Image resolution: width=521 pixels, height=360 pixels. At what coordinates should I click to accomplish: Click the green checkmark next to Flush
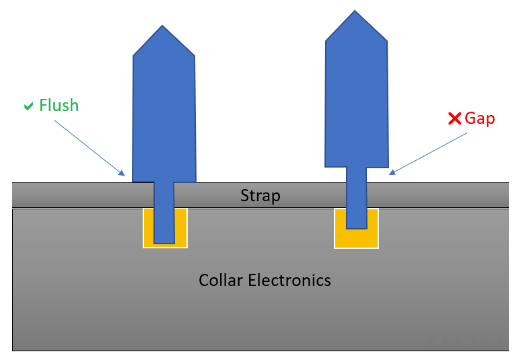[x=28, y=106]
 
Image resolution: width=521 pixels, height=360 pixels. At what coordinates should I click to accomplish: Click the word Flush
[x=59, y=106]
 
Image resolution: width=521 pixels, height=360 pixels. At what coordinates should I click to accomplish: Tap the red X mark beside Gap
[x=454, y=119]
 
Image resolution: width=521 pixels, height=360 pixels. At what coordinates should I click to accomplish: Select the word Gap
[x=480, y=119]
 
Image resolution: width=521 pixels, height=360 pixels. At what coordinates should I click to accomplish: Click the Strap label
[x=260, y=196]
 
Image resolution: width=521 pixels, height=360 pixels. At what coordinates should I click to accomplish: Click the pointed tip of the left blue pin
[x=162, y=27]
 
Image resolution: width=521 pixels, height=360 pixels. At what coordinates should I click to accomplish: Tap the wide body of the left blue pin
[x=164, y=114]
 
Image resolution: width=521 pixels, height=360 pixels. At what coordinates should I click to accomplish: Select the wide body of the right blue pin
[x=356, y=101]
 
